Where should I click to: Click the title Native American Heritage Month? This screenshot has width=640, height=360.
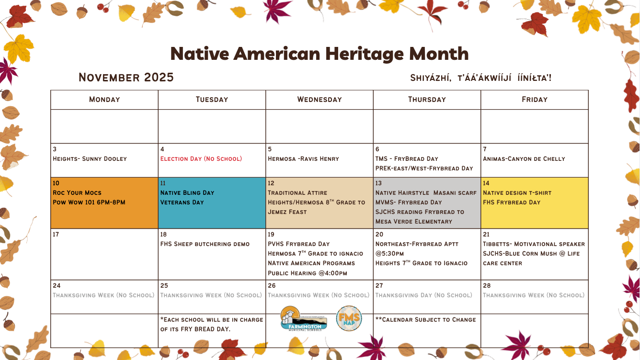pyautogui.click(x=320, y=54)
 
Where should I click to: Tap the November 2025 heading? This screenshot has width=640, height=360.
pyautogui.click(x=126, y=78)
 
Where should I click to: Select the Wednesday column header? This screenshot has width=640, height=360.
pyautogui.click(x=320, y=100)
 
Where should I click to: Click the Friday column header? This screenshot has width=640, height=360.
pyautogui.click(x=534, y=100)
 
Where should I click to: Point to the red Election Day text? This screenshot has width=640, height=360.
pyautogui.click(x=201, y=159)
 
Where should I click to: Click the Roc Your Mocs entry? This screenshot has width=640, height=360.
pyautogui.click(x=77, y=193)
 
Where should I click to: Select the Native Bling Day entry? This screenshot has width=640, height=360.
pyautogui.click(x=187, y=193)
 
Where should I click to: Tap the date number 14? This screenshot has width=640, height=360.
pyautogui.click(x=486, y=183)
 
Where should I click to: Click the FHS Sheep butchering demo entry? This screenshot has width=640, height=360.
pyautogui.click(x=205, y=244)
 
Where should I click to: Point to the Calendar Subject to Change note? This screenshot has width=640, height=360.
pyautogui.click(x=426, y=320)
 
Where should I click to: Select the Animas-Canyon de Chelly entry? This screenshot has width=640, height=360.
pyautogui.click(x=524, y=159)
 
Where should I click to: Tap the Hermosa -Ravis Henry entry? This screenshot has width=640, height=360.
pyautogui.click(x=303, y=159)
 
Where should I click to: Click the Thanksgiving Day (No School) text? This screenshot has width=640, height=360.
pyautogui.click(x=424, y=295)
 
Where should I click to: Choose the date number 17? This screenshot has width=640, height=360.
pyautogui.click(x=56, y=235)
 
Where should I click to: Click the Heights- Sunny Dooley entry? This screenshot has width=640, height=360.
pyautogui.click(x=90, y=159)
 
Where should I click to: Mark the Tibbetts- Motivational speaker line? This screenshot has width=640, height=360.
pyautogui.click(x=534, y=244)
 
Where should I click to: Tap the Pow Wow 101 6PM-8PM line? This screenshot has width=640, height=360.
pyautogui.click(x=89, y=202)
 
